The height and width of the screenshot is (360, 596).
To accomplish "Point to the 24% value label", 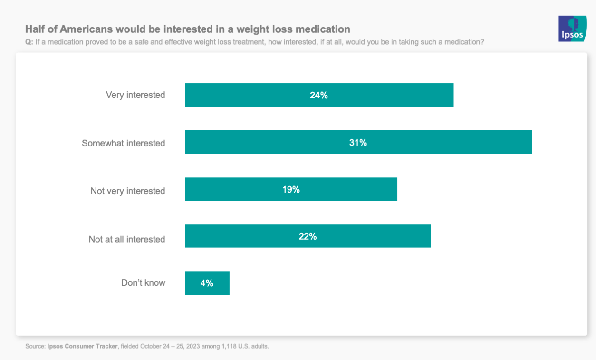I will pos(319,95).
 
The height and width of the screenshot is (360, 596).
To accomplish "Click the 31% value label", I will pos(358,142).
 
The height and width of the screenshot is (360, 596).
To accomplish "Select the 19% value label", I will pos(291,189).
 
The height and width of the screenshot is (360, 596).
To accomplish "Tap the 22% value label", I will pos(308,236).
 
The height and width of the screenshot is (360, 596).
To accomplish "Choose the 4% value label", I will pos(207,283).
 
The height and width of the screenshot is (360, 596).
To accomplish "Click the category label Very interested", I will pos(135,95).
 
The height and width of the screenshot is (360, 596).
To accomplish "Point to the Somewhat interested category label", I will pos(124,143).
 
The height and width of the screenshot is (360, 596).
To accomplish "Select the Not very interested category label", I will pos(128,191).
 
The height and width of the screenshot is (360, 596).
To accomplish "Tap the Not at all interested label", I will pos(127,239).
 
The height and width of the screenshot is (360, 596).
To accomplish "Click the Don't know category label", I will pos(144,283).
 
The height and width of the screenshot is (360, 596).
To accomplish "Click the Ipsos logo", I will pos(572,29).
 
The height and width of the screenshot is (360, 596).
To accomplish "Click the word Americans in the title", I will pos(87,29).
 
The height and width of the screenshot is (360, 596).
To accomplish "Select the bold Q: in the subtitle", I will pos(29,42).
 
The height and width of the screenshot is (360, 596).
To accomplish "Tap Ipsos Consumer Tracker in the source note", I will pos(82,346).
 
